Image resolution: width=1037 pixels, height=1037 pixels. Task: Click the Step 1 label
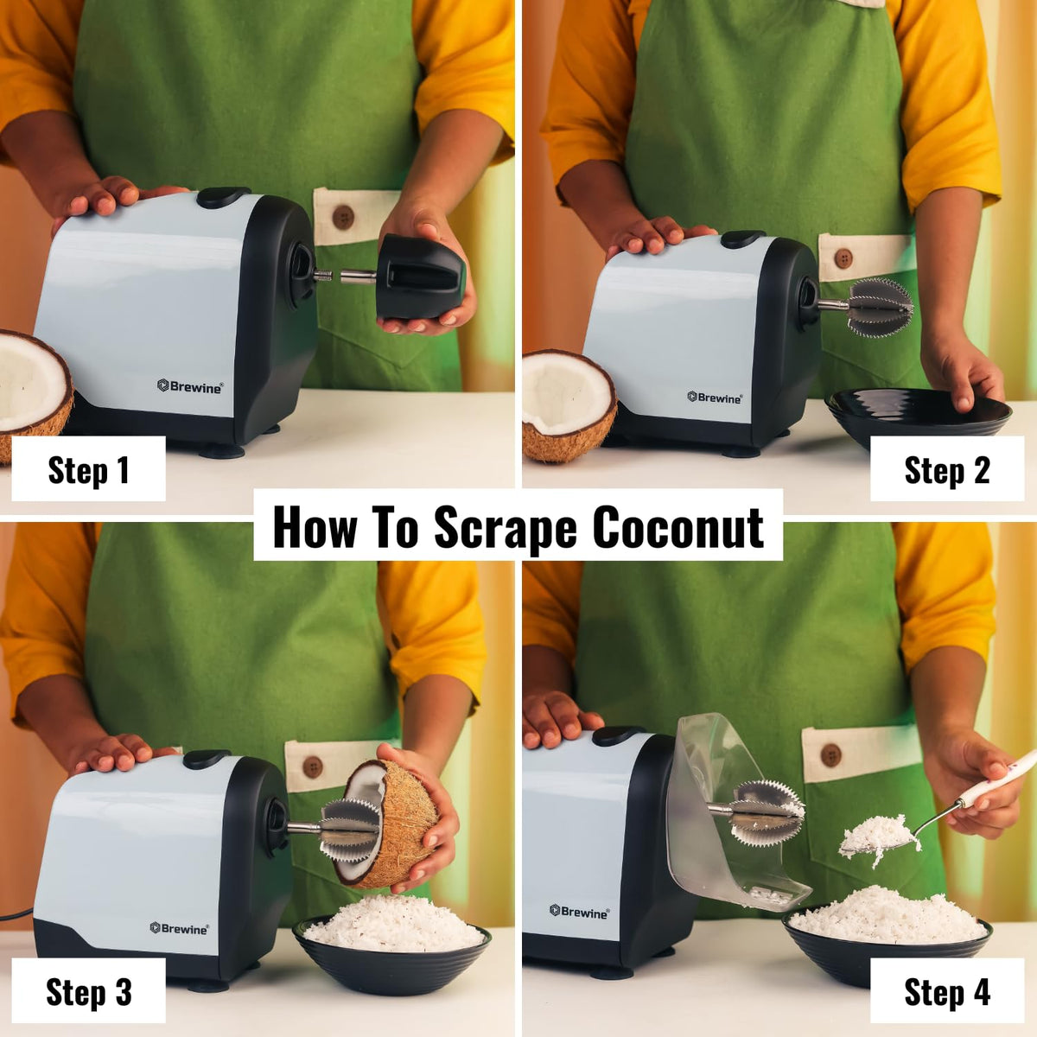[88, 469]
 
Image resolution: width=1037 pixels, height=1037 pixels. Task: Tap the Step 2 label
[946, 469]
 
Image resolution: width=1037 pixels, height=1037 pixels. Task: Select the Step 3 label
[88, 991]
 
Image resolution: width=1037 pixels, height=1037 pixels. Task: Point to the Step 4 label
[946, 991]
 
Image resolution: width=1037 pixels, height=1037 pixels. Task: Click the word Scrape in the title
[505, 527]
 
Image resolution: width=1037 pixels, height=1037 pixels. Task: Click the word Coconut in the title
[678, 527]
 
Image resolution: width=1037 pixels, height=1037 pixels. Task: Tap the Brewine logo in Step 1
[190, 386]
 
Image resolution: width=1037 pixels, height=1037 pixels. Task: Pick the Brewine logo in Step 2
[715, 398]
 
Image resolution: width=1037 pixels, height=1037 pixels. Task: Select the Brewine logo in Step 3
[179, 928]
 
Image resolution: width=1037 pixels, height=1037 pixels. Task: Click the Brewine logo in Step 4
[579, 911]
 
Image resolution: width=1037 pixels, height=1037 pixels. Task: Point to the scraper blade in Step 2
[878, 306]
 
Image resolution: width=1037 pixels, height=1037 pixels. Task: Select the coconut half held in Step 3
[393, 825]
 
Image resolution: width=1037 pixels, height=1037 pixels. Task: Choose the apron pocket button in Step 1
[343, 216]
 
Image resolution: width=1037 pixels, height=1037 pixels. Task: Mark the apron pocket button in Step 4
[831, 754]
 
